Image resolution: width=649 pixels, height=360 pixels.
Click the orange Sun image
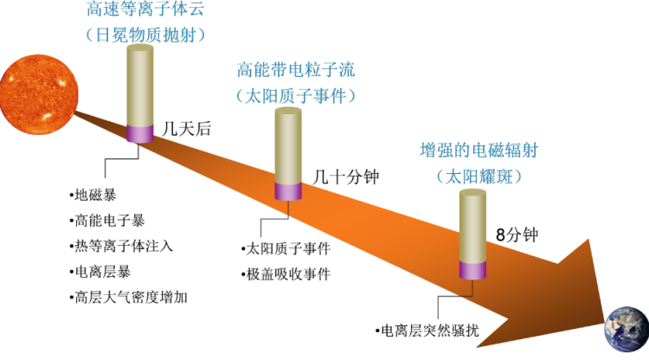(x=38, y=94)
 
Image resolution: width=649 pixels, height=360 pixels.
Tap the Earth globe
(x=627, y=330)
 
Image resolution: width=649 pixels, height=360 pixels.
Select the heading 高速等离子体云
(x=145, y=9)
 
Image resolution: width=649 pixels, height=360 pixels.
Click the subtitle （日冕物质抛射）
(x=145, y=35)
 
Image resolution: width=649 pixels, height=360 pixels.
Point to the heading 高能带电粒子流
(x=296, y=70)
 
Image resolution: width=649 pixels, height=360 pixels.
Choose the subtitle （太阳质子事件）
(x=296, y=96)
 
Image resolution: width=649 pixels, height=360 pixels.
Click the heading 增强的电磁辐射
(x=479, y=151)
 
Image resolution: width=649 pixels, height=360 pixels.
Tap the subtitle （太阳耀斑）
(x=479, y=177)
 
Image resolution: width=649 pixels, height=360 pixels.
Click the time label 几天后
(x=186, y=129)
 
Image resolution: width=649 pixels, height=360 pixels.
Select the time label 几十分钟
(x=346, y=177)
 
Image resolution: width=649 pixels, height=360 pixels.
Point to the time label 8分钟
(x=517, y=235)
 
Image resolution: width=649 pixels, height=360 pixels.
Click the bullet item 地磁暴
(x=93, y=195)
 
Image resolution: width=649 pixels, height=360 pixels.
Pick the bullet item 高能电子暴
(x=106, y=221)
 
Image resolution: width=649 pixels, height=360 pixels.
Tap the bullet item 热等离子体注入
(x=121, y=247)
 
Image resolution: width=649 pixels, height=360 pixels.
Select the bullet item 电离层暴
(x=100, y=272)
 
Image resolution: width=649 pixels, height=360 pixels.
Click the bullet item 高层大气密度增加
(x=128, y=298)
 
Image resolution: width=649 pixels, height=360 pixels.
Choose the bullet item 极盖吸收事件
(x=286, y=274)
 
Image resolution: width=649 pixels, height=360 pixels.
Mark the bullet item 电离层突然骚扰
(x=427, y=331)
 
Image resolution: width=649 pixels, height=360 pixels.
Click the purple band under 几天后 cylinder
(x=140, y=133)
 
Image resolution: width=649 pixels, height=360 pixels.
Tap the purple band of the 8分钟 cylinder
(x=472, y=270)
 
